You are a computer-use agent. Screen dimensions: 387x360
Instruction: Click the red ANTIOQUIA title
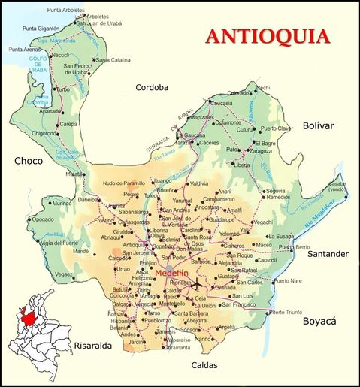click(268, 35)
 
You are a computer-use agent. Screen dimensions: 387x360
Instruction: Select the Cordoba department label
click(153, 87)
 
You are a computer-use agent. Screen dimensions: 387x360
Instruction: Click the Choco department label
click(28, 160)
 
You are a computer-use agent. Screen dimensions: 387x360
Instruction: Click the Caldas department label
click(204, 365)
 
